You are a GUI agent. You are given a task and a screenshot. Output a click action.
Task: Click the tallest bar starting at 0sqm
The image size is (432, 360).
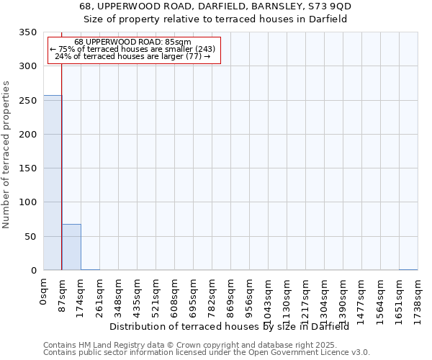tap(53, 183)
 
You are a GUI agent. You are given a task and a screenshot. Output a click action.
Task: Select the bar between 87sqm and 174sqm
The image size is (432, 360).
tap(71, 247)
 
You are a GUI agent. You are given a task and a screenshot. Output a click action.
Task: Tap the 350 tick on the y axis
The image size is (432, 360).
tap(28, 32)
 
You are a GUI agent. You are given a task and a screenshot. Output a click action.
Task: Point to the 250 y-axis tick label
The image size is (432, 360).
tap(28, 101)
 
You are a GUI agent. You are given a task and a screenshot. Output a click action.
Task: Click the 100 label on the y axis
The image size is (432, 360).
tap(28, 202)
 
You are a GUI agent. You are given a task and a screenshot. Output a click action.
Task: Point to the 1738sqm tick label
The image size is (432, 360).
tap(418, 300)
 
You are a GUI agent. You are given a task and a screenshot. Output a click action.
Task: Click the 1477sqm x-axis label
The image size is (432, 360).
tap(361, 300)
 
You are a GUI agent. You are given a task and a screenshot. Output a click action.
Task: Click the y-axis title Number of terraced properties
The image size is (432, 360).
tap(6, 154)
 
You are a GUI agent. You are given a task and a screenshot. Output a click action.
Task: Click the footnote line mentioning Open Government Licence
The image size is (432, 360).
tap(207, 353)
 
